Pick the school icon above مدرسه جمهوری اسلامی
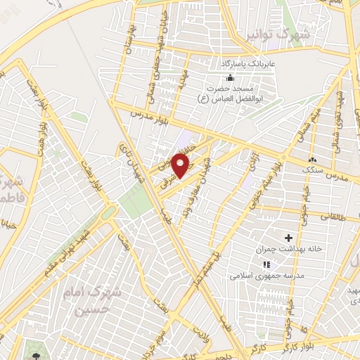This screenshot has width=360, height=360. pyautogui.click(x=266, y=264)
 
